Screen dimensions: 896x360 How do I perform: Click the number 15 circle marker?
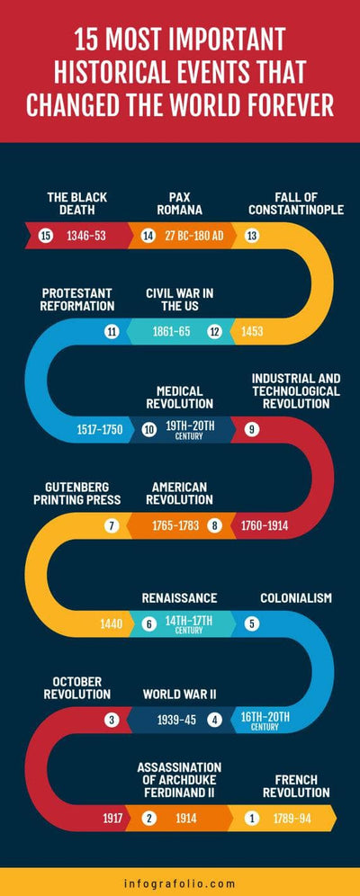pyautogui.click(x=47, y=236)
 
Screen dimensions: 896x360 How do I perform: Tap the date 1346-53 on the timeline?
pyautogui.click(x=85, y=236)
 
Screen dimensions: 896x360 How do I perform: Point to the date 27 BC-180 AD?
pyautogui.click(x=193, y=236)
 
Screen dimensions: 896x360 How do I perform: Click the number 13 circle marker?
pyautogui.click(x=252, y=236)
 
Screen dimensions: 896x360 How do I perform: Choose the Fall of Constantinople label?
pyautogui.click(x=296, y=203)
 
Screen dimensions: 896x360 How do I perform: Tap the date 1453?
pyautogui.click(x=253, y=332)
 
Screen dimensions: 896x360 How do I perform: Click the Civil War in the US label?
pyautogui.click(x=180, y=300)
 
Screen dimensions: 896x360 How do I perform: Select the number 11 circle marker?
pyautogui.click(x=112, y=332)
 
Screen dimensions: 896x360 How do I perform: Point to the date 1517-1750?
pyautogui.click(x=99, y=429)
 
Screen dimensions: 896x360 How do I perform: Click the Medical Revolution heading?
pyautogui.click(x=185, y=397)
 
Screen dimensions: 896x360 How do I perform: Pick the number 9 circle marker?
pyautogui.click(x=252, y=429)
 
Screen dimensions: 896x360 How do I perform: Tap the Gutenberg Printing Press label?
pyautogui.click(x=77, y=493)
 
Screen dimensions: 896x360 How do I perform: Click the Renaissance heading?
pyautogui.click(x=179, y=597)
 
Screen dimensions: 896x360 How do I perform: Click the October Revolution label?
pyautogui.click(x=76, y=687)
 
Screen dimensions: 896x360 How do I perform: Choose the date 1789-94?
pyautogui.click(x=292, y=818)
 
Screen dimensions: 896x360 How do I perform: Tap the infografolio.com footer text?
pyautogui.click(x=180, y=883)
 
